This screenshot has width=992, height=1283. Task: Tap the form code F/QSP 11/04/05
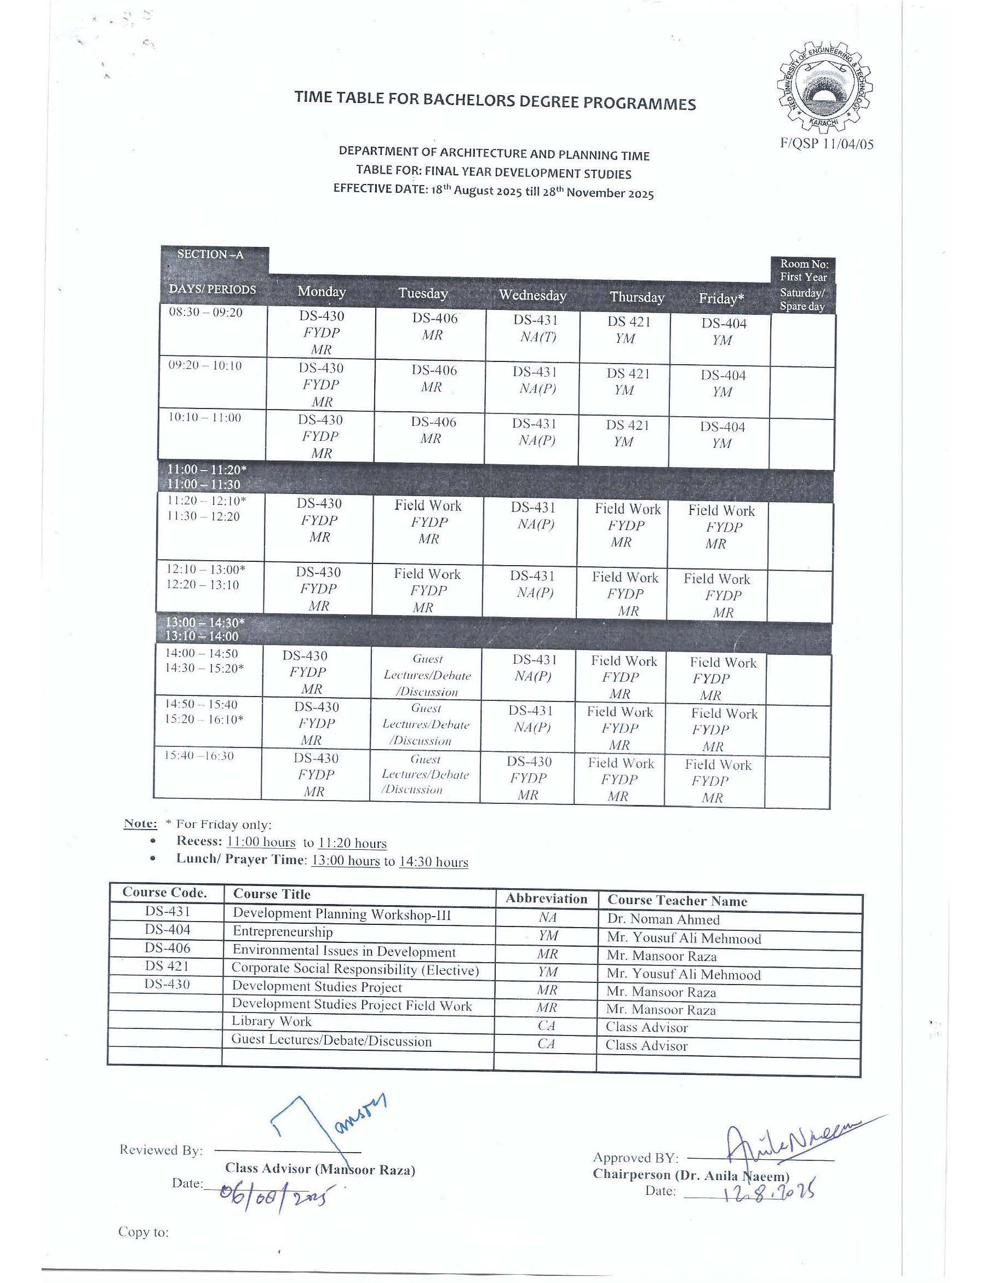[826, 144]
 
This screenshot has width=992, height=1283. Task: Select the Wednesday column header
[532, 295]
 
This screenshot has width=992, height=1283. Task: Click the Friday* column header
[721, 298]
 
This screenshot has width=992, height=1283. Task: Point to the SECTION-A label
[210, 255]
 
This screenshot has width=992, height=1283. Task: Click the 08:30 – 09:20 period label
[206, 313]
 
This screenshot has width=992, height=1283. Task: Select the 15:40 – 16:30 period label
[199, 756]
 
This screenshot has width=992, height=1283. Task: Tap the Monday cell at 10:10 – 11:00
[320, 436]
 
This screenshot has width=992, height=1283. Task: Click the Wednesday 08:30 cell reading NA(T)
[535, 329]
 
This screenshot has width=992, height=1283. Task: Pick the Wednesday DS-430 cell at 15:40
[529, 778]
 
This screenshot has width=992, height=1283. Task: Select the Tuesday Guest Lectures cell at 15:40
[426, 774]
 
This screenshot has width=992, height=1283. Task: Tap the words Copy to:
[144, 1232]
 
